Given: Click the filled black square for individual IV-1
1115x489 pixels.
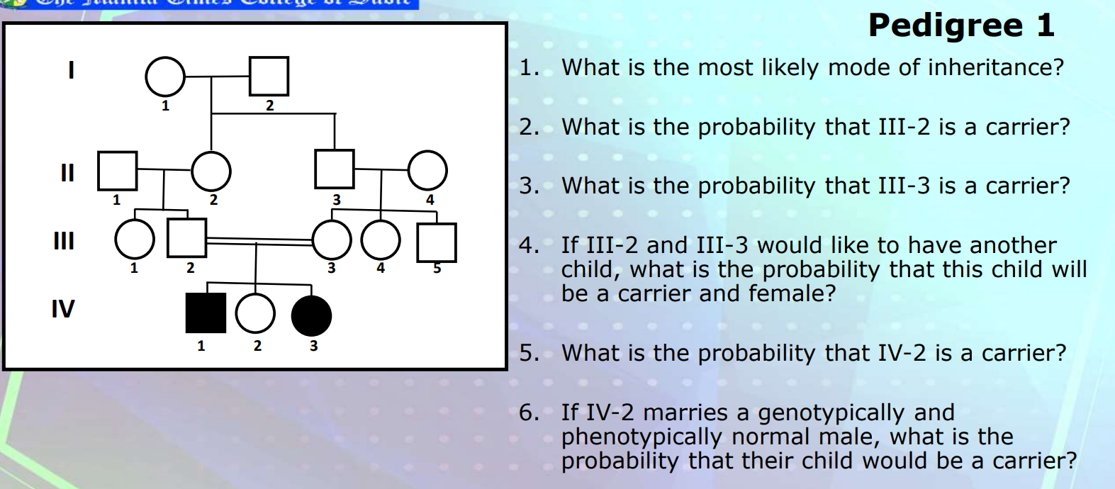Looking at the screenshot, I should (x=206, y=313).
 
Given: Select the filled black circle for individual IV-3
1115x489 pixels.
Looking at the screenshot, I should (x=311, y=316).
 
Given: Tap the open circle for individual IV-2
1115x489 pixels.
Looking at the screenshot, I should (x=255, y=313).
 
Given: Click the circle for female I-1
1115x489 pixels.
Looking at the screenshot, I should (x=165, y=77).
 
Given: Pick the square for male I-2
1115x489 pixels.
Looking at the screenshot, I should (x=269, y=76).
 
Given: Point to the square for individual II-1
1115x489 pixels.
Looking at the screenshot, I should (x=117, y=171).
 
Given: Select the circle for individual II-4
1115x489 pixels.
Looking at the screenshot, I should (x=427, y=171).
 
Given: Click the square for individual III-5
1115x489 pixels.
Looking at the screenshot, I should (x=436, y=242).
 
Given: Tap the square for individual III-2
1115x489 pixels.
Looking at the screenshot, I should (x=187, y=237).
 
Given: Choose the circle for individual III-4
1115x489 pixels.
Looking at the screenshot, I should (x=381, y=240).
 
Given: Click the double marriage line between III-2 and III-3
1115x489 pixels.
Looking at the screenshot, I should (x=259, y=241).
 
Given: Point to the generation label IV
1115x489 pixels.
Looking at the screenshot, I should (x=62, y=309).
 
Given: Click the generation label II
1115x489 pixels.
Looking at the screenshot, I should (x=67, y=172).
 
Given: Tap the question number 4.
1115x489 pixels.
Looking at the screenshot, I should (x=527, y=245).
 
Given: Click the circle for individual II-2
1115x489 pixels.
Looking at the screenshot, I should (x=211, y=171).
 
